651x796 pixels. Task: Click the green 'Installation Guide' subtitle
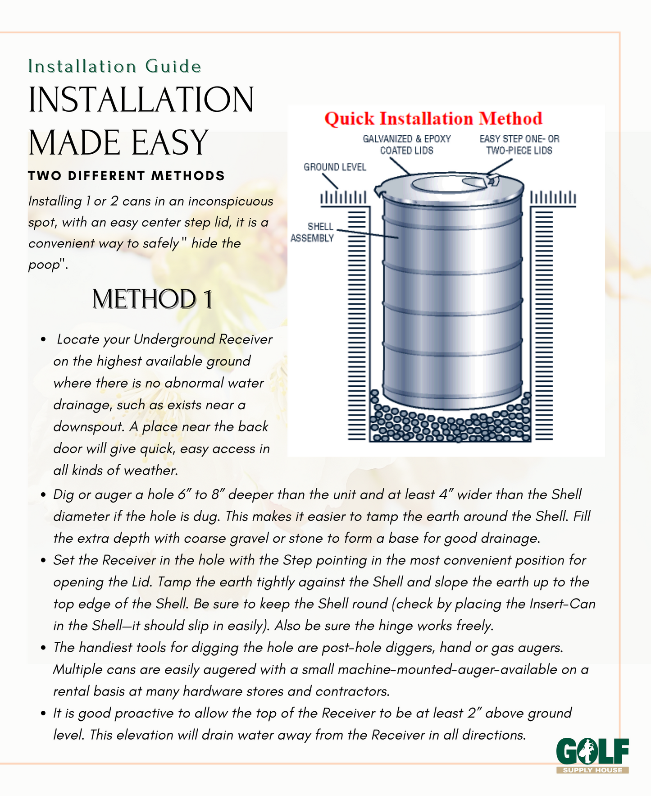114,66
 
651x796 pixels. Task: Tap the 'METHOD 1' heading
152,299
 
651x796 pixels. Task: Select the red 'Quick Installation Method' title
433,119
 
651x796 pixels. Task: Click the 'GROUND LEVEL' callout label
335,167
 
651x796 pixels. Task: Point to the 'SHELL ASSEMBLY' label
312,232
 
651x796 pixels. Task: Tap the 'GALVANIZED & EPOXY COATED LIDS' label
406,145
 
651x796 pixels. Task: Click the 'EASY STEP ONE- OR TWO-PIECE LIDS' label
519,145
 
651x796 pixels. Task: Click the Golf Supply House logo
592,755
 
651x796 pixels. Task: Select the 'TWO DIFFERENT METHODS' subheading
126,176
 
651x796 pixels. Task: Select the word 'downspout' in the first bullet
88,427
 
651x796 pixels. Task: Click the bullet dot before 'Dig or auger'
43,495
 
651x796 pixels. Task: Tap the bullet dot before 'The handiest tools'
43,648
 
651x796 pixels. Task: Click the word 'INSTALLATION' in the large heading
141,100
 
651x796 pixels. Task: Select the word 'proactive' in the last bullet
146,713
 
